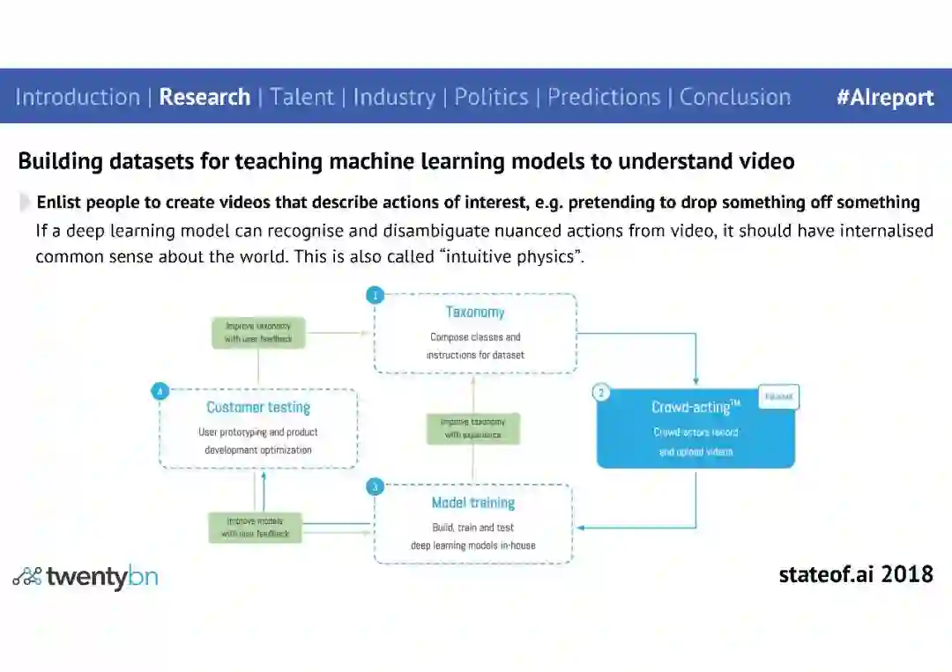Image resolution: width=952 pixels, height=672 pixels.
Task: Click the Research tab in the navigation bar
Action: coord(205,97)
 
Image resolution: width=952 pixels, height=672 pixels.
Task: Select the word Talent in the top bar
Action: coord(302,97)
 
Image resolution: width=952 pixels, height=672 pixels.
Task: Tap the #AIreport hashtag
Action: coord(885,98)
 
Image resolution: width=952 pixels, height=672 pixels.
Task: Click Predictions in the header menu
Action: coord(604,97)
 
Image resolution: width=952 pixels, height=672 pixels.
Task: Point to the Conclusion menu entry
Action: coord(735,97)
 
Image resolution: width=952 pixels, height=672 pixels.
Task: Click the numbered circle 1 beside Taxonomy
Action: coord(376,295)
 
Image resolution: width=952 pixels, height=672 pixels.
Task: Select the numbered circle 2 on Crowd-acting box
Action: coord(601,393)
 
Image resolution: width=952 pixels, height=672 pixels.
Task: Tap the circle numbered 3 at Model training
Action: coord(376,486)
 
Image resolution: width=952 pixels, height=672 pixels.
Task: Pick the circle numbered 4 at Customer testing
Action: coord(160,391)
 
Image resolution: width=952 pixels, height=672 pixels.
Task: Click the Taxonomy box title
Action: coord(475,313)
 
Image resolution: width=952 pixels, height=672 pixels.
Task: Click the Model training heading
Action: coord(473,503)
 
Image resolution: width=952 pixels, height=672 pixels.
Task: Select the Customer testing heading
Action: coord(258,408)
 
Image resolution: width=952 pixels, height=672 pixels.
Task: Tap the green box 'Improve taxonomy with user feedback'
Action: coord(258,332)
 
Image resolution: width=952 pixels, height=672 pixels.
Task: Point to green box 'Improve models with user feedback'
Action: coord(255,527)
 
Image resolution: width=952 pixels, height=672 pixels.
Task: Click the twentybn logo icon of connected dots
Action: coord(27,577)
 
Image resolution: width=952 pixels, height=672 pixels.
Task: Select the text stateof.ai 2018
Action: coord(856,575)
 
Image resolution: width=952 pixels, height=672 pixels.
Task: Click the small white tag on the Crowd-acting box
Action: coord(778,397)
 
